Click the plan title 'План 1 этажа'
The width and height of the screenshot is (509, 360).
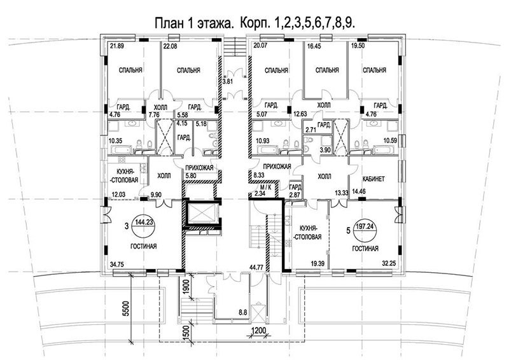(194, 24)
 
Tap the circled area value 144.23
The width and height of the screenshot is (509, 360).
(145, 223)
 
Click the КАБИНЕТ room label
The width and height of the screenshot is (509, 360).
(373, 179)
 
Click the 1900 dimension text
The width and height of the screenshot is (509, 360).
(186, 286)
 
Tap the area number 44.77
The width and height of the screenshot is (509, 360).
(256, 268)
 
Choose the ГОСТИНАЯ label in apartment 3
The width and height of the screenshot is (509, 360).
(144, 246)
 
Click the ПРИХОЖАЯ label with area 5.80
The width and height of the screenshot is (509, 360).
(199, 168)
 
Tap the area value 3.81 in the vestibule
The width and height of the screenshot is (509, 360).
(228, 82)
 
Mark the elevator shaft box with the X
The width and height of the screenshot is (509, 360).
(202, 214)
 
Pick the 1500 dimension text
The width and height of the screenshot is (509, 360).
(186, 331)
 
